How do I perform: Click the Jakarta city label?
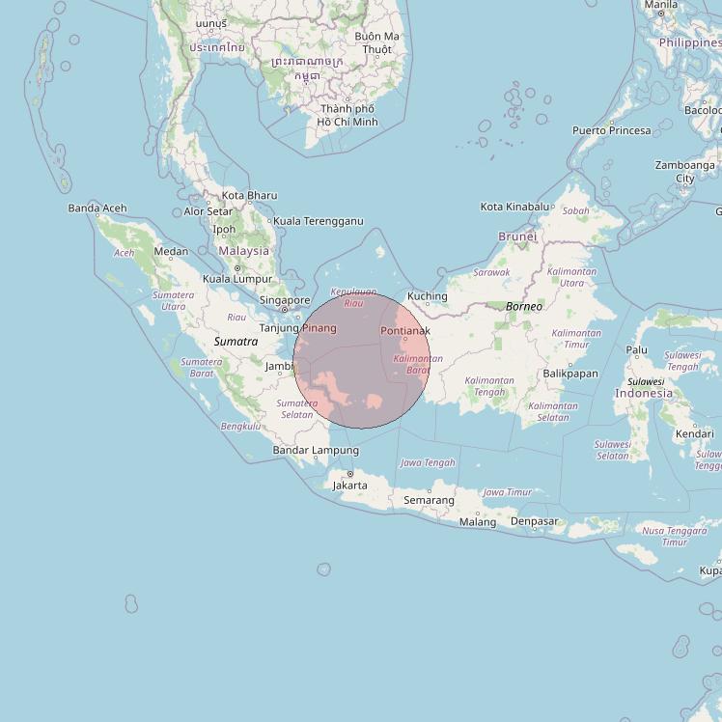(349, 486)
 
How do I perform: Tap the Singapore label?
(284, 300)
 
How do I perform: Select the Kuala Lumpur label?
(237, 279)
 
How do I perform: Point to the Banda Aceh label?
(97, 208)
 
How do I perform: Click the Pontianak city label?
(405, 331)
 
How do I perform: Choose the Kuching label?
(428, 296)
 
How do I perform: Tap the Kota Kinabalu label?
(514, 207)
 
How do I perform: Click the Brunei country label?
(517, 236)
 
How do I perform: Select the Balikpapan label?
(570, 374)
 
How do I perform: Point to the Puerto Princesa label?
(611, 130)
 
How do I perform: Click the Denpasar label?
(535, 521)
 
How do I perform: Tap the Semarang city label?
(429, 500)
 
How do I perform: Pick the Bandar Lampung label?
(316, 450)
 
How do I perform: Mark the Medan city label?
(171, 252)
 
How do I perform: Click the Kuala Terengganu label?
(319, 221)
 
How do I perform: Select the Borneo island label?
(524, 306)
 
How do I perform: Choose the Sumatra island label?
(236, 342)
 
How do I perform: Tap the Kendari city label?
(695, 433)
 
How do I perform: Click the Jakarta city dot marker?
(349, 474)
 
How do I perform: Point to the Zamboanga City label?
(685, 171)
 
